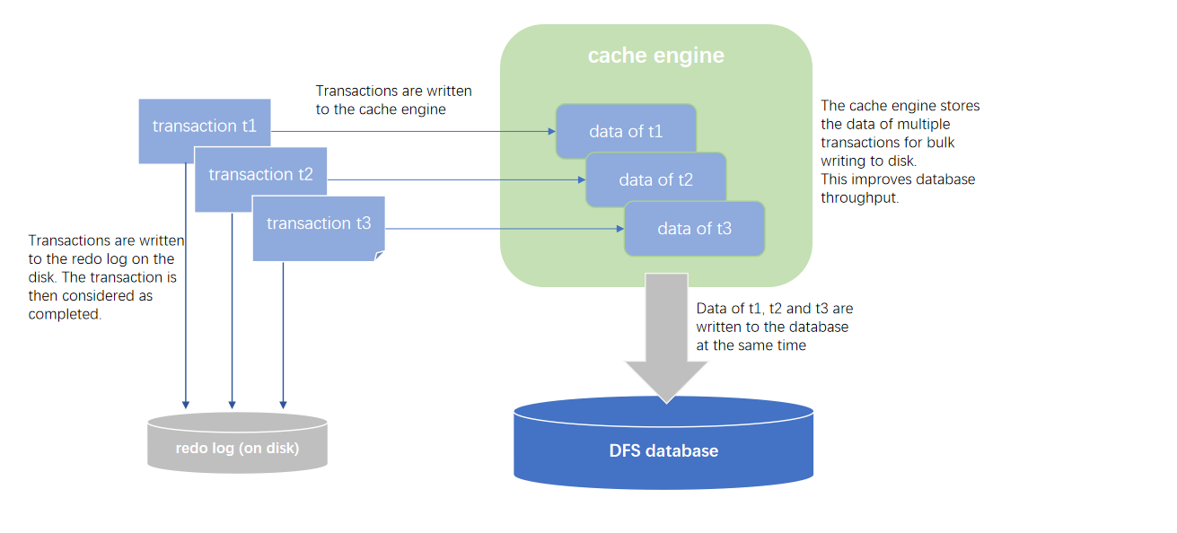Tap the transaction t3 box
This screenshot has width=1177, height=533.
point(318,223)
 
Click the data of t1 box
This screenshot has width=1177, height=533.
point(626,131)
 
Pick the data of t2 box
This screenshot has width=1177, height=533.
point(655,179)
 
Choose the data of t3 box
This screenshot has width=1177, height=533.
point(694,229)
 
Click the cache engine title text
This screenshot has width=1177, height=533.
point(655,56)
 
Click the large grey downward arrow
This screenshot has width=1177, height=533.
point(665,341)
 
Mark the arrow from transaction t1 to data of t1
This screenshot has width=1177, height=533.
point(413,131)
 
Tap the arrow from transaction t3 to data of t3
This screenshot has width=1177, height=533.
point(503,229)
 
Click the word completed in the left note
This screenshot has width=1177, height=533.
point(65,314)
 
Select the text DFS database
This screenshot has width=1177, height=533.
point(663,450)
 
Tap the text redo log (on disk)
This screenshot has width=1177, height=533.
point(237,448)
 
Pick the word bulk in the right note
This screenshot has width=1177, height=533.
point(951,142)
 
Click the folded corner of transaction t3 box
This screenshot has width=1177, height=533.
point(379,256)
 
